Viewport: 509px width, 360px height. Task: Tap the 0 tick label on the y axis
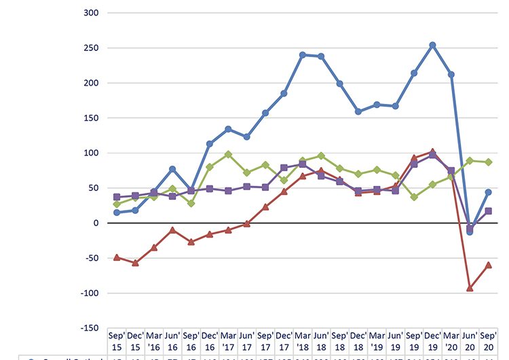point(95,223)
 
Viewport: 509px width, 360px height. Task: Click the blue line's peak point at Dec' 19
point(432,46)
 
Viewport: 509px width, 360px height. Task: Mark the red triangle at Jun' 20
point(470,288)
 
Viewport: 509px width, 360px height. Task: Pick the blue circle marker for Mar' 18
point(303,54)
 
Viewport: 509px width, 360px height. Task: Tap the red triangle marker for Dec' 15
point(135,263)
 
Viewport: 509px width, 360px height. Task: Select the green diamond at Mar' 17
point(228,154)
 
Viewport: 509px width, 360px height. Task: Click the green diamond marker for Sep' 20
point(488,162)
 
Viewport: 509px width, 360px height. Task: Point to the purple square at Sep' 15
point(116,197)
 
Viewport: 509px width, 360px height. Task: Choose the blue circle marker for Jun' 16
point(172,168)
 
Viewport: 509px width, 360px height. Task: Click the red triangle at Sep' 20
point(488,265)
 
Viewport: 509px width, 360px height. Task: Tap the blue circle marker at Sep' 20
point(488,192)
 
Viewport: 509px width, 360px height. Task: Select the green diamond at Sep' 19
point(414,197)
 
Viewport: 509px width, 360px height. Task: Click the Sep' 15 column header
point(116,340)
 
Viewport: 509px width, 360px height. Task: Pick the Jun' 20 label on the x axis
point(470,340)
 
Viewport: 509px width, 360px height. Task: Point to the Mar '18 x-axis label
point(303,340)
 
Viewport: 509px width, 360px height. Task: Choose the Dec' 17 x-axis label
point(284,340)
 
